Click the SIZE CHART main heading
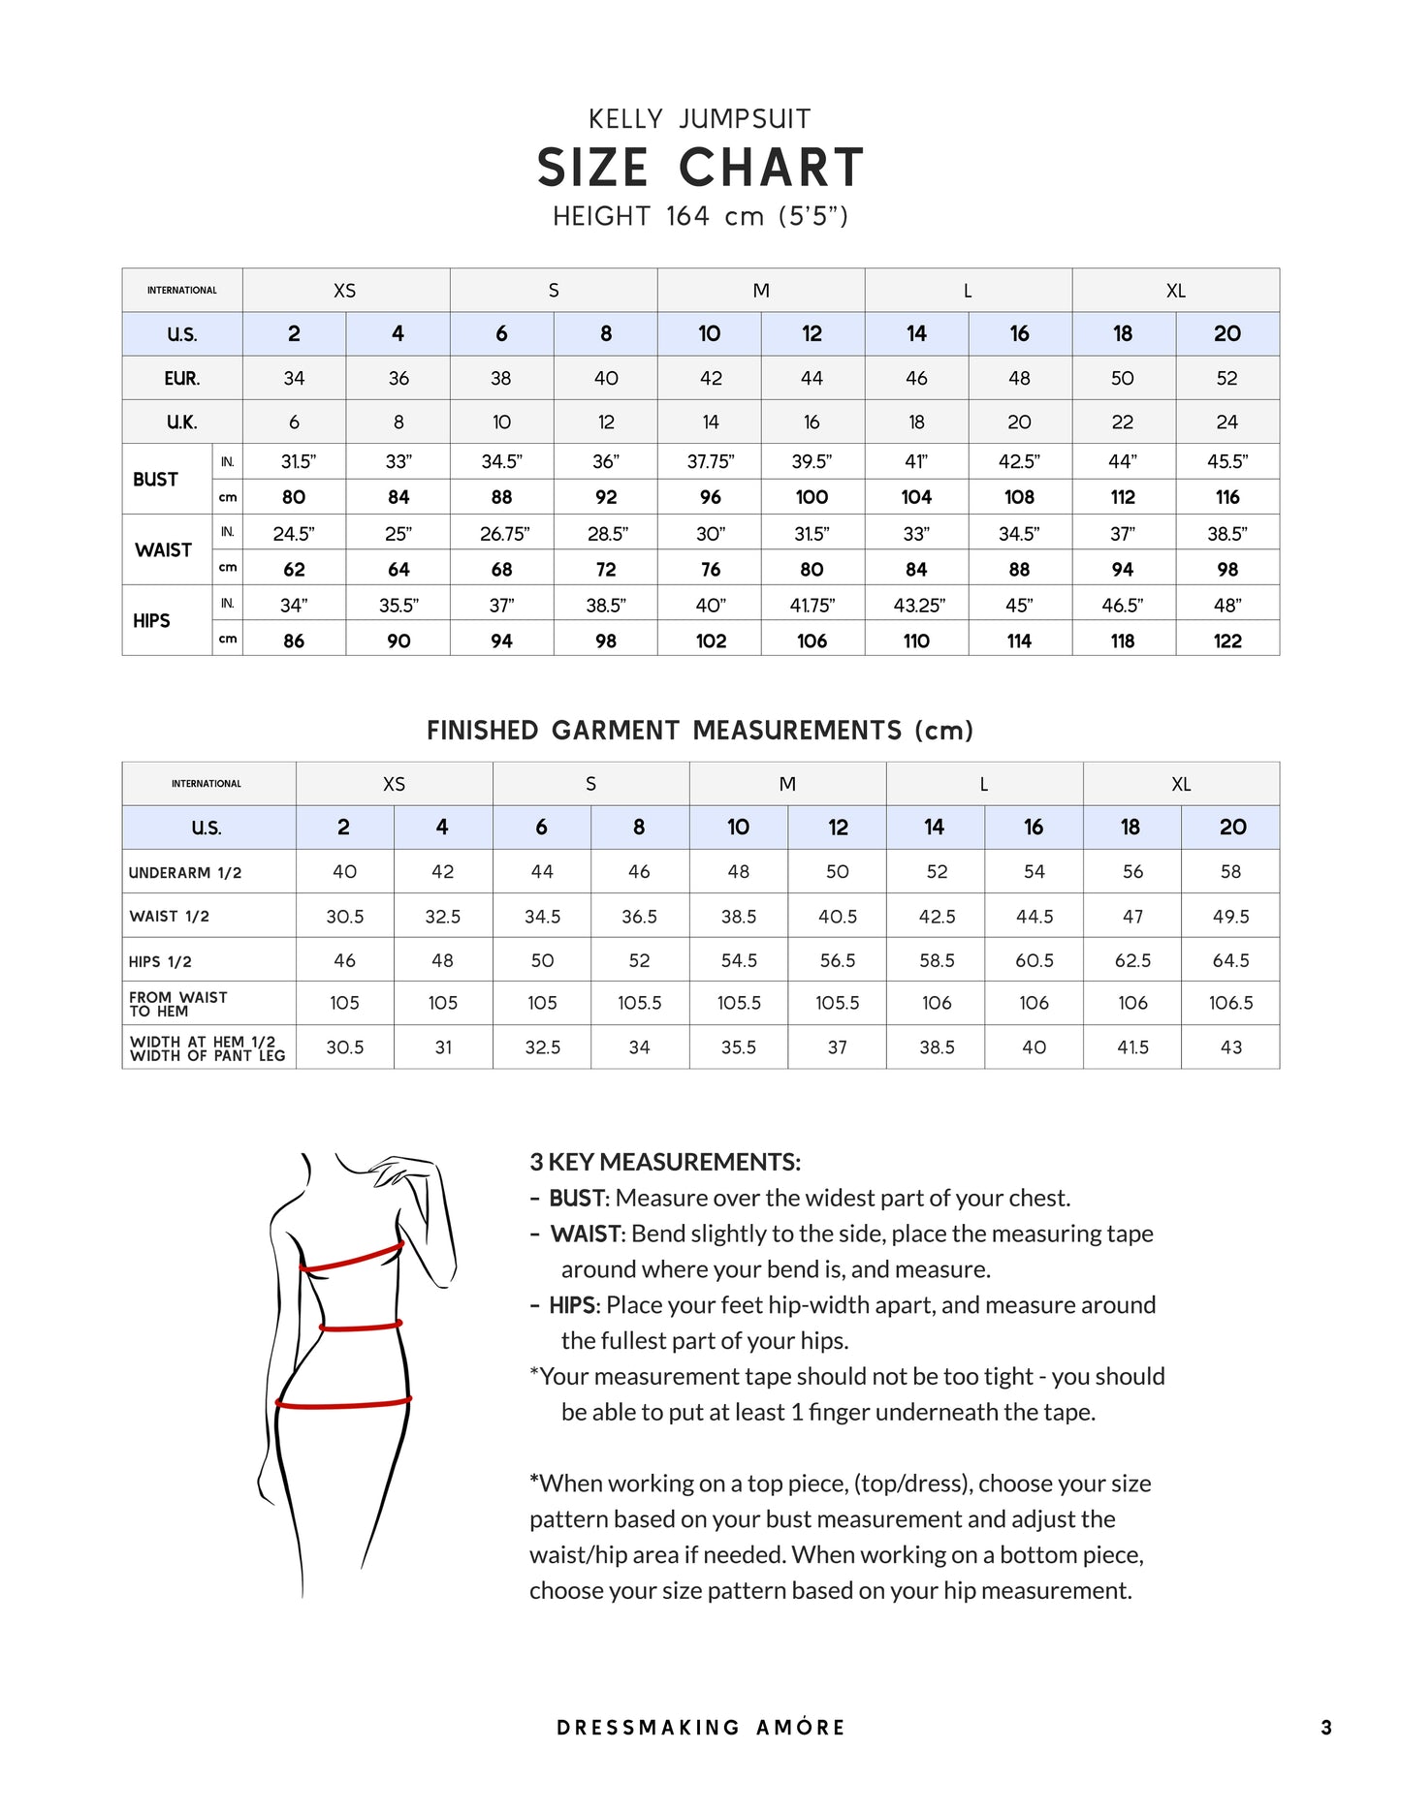[700, 168]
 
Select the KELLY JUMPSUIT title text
[700, 119]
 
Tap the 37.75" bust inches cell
[710, 462]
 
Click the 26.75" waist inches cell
[502, 534]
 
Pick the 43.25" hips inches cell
[917, 606]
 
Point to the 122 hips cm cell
[1227, 640]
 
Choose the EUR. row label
[182, 378]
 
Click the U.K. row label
[182, 422]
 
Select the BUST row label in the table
[156, 480]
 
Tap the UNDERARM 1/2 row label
[185, 873]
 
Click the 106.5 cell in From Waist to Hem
[1230, 1003]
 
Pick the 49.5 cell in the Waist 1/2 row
[1230, 917]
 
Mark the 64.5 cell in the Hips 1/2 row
[1230, 961]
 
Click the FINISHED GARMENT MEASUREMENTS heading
[700, 731]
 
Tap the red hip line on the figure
[343, 1402]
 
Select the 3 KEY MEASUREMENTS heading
[665, 1162]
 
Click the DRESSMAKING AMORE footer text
[700, 1728]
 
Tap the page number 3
[1325, 1728]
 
